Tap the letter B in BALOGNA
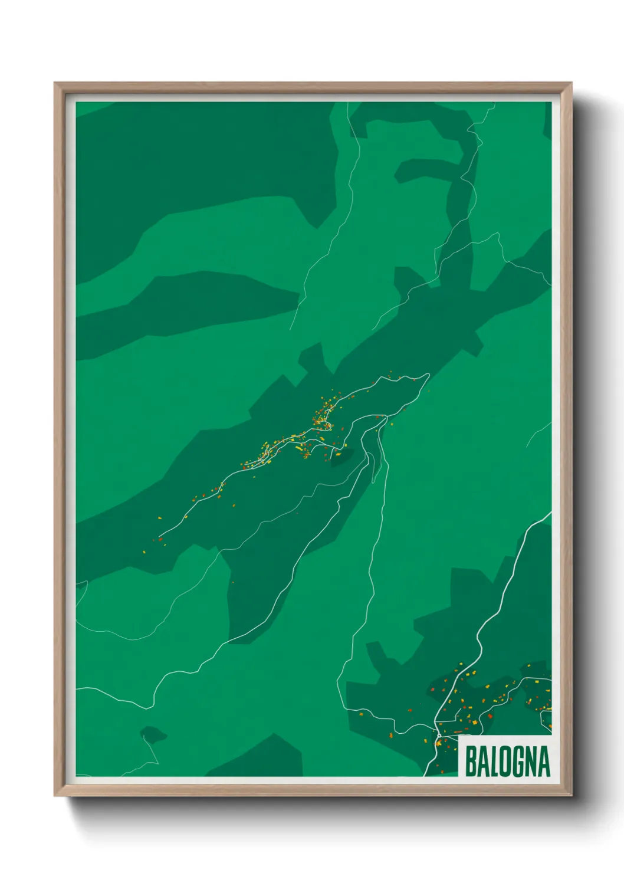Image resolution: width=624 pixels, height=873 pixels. pos(471,762)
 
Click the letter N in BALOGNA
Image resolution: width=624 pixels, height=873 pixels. pos(531,762)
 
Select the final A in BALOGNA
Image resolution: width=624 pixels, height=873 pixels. pos(544,762)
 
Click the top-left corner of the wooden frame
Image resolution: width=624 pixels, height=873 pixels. pos(55,83)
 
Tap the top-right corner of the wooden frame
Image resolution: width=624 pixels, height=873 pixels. pos(571,83)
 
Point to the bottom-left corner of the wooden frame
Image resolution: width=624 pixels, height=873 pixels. pos(55,796)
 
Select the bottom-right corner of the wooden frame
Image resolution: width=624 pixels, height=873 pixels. pos(571,796)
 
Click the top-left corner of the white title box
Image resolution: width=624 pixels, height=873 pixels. pos(459,735)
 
